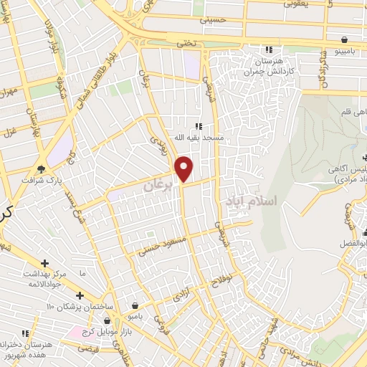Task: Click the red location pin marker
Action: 184,168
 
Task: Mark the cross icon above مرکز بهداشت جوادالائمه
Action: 45,264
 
